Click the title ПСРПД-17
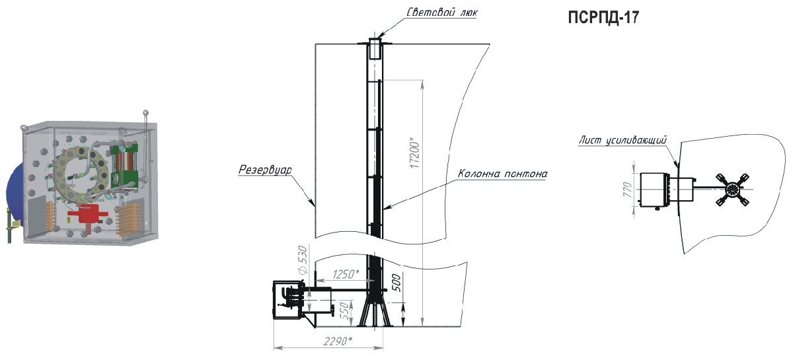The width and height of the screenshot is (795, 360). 603,17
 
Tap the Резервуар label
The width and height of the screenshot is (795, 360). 264,170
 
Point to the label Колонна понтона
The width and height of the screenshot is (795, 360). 502,174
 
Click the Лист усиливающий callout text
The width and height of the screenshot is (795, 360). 622,140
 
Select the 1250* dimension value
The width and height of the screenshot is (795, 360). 346,274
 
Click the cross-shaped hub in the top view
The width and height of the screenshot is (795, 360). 732,190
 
